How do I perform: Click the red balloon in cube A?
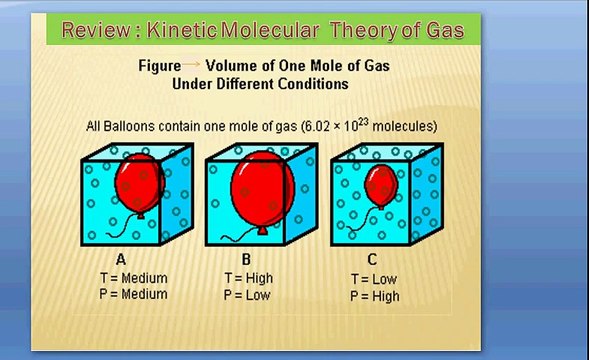tap(138, 183)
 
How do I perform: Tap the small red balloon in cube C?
tap(381, 185)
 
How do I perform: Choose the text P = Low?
tap(249, 295)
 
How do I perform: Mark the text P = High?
tap(375, 296)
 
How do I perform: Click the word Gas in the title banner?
tap(441, 30)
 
